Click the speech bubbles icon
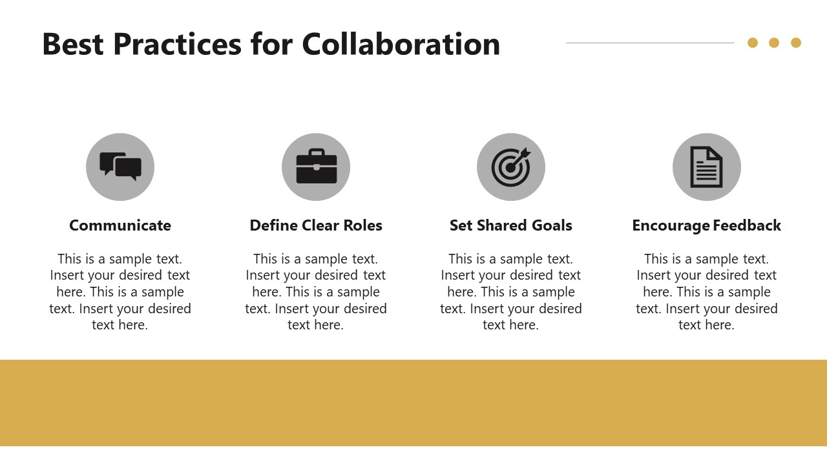(x=120, y=167)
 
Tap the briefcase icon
(x=316, y=167)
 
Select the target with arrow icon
(x=511, y=167)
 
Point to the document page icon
(x=706, y=167)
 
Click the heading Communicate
(x=120, y=225)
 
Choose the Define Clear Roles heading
(x=316, y=225)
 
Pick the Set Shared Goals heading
(x=511, y=225)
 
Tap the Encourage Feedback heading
(x=706, y=225)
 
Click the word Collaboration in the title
(x=401, y=45)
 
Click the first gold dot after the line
(x=753, y=43)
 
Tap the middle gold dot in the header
(x=774, y=43)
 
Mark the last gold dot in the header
(x=796, y=43)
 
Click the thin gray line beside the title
(x=649, y=43)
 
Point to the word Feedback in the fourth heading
(x=746, y=225)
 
